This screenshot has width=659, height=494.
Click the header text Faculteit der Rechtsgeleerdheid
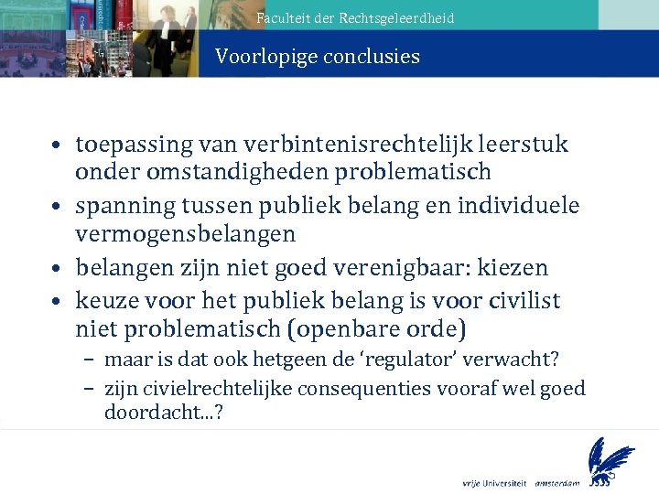(355, 17)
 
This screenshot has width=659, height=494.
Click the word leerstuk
(526, 145)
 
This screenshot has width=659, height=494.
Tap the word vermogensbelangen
(185, 234)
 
